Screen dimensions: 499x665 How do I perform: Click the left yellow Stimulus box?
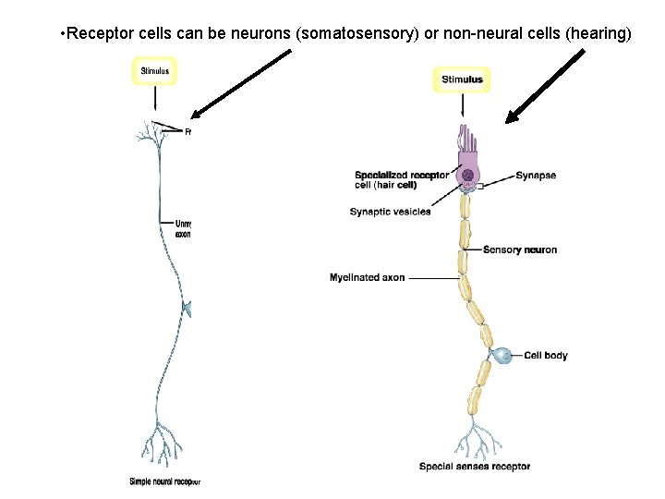155,71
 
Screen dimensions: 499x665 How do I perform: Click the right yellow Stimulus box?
461,79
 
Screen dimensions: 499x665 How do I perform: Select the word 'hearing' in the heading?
601,35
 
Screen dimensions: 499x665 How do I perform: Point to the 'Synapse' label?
536,176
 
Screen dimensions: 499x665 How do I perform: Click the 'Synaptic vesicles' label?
390,212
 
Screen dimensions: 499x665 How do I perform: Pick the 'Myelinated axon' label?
367,277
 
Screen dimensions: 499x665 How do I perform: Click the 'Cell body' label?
545,355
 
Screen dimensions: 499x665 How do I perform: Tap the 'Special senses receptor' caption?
474,467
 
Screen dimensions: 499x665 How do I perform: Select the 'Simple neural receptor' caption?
164,481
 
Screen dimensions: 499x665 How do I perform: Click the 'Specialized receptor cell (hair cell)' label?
401,180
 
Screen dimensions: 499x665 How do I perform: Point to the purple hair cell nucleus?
468,175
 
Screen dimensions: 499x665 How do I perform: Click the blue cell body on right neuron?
502,356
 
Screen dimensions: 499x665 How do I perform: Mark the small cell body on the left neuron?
186,310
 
